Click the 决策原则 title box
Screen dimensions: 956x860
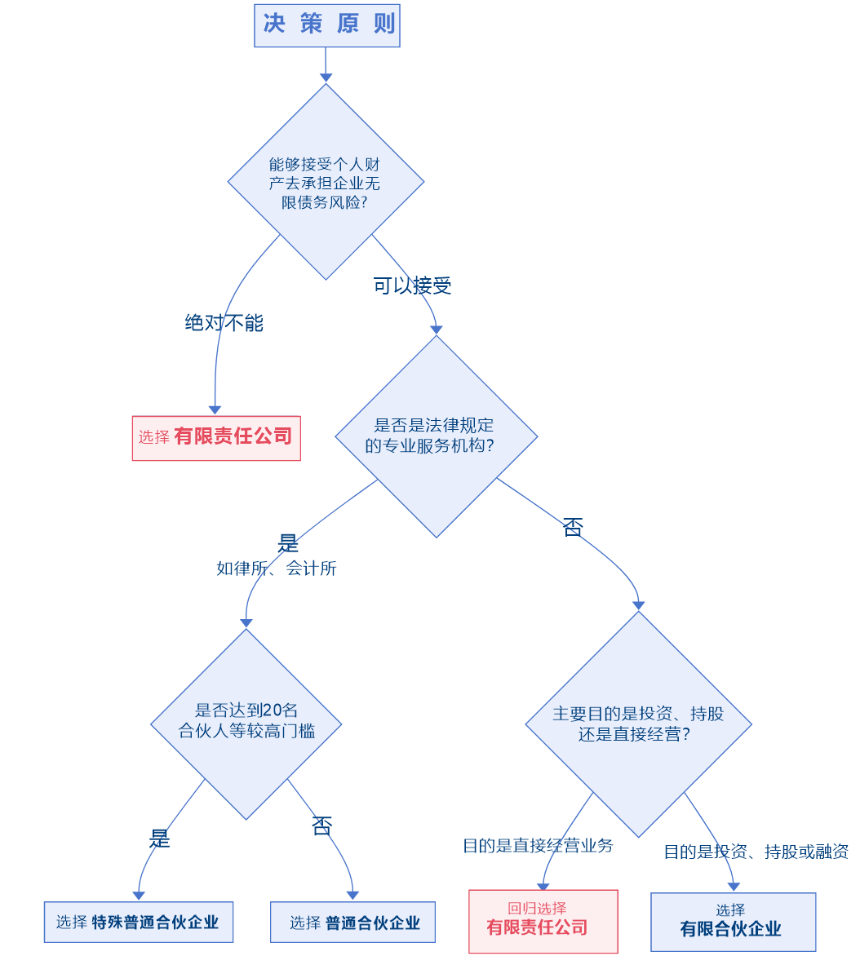point(327,24)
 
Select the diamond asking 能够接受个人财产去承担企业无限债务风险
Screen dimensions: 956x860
point(326,182)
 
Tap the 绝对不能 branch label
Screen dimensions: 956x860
point(224,323)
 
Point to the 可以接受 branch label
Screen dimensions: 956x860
point(412,285)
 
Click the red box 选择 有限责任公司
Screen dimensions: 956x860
point(216,437)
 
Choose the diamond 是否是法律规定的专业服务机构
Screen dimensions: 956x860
point(437,436)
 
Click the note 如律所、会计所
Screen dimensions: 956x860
point(276,569)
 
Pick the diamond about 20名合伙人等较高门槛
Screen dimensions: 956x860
point(246,724)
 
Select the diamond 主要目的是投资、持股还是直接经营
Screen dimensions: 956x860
point(638,724)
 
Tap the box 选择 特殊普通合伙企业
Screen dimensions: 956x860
point(139,923)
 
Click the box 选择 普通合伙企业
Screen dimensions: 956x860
point(353,923)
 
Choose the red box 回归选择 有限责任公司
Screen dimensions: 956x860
point(543,921)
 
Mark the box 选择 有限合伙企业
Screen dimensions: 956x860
point(733,921)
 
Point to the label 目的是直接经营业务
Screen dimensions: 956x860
point(538,846)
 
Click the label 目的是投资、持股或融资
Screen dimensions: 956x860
point(756,852)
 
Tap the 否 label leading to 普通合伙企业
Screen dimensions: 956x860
point(322,825)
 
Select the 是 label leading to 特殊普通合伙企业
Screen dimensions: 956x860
point(159,838)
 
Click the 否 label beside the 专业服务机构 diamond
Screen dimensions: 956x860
point(573,528)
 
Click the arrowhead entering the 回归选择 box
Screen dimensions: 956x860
point(543,887)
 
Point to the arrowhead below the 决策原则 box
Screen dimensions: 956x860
point(326,77)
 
